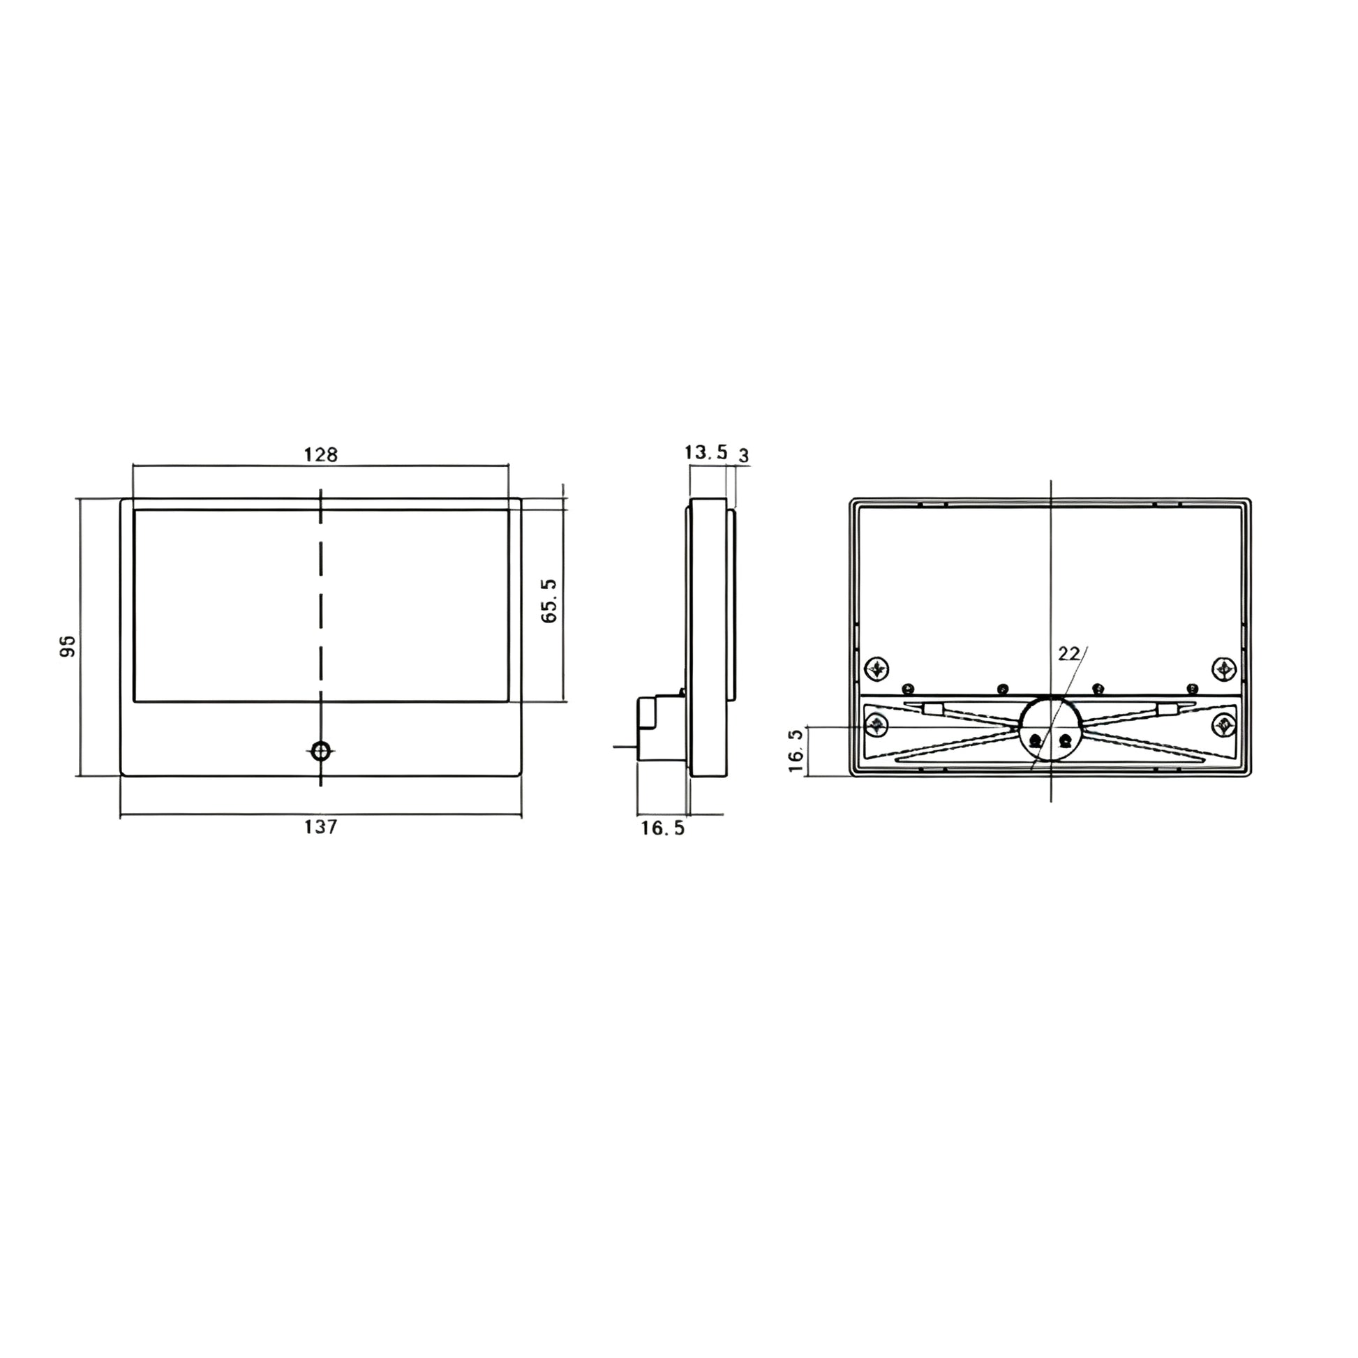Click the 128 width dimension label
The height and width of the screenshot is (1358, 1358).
(320, 455)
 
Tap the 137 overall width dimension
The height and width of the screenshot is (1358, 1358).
(320, 828)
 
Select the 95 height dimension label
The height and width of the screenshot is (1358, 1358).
(68, 646)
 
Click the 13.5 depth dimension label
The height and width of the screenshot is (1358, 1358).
(706, 452)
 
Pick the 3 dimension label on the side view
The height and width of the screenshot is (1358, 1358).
(744, 456)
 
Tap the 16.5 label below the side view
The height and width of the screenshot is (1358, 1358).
(662, 829)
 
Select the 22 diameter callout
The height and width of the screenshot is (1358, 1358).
(1068, 654)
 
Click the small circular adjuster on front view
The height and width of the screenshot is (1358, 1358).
(321, 750)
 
